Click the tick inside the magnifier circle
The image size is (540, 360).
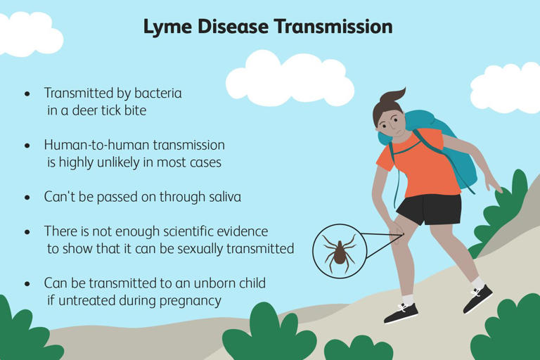click(340, 251)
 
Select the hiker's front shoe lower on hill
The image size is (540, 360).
click(401, 312)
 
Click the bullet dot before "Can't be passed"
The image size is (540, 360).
click(27, 198)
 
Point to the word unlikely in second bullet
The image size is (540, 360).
click(124, 162)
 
